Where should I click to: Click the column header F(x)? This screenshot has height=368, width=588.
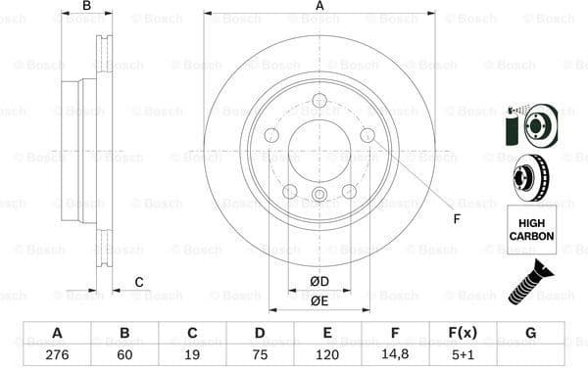[463, 333]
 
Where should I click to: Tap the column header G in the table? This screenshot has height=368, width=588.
[530, 333]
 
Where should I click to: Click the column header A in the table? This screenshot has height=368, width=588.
[57, 333]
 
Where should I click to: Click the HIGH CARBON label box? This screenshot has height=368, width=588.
[531, 229]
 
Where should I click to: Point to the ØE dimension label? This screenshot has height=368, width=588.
[319, 300]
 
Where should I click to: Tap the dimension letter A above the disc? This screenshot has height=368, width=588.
[319, 7]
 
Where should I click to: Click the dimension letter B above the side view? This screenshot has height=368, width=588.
[86, 7]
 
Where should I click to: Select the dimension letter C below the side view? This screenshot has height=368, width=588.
[139, 283]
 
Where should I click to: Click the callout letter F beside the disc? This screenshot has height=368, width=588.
[455, 218]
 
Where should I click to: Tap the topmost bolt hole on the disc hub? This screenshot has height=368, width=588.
[319, 100]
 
